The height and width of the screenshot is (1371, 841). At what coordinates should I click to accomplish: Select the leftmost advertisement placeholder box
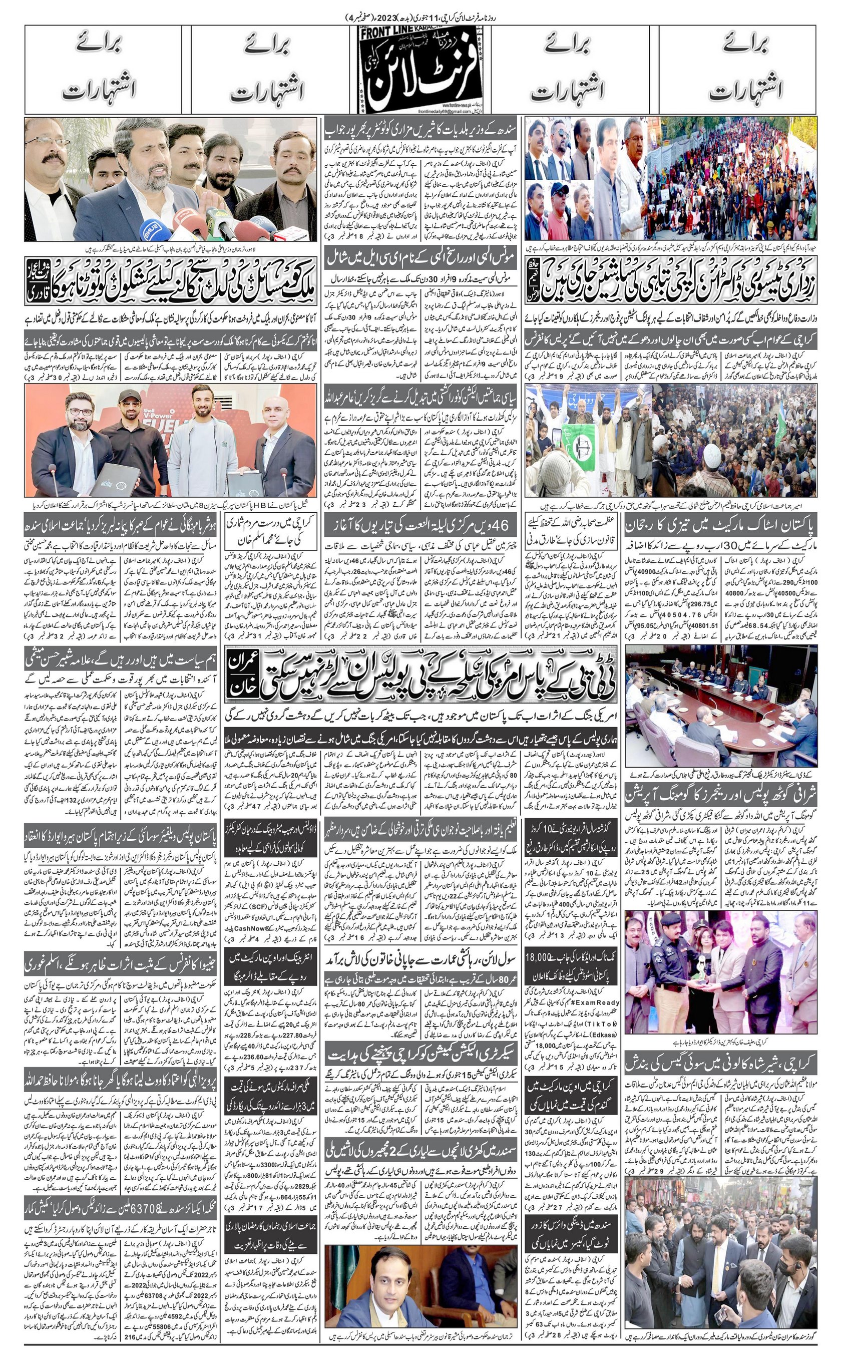[99, 69]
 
